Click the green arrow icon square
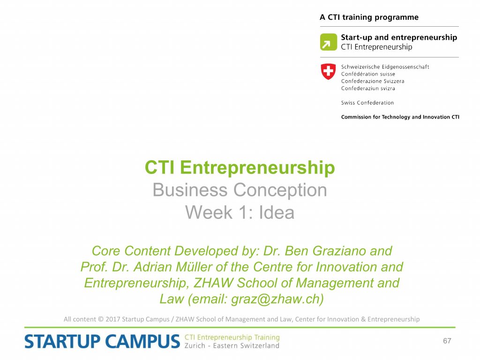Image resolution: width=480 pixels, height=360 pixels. point(329,42)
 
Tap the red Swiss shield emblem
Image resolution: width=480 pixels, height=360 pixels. point(328,72)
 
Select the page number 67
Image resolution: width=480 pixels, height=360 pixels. point(447,341)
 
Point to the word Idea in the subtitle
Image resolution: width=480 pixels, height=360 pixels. point(277,212)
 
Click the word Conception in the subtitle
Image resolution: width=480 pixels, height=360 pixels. point(280,190)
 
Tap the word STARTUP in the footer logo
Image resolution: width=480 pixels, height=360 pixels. point(63,342)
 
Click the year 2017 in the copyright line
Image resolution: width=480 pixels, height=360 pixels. point(112,319)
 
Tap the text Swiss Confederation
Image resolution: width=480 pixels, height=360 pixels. point(367,103)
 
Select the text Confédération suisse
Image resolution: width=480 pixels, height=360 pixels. point(368,74)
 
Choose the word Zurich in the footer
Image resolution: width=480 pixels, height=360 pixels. point(195,345)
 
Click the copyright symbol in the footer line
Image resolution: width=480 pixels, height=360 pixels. point(101,319)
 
